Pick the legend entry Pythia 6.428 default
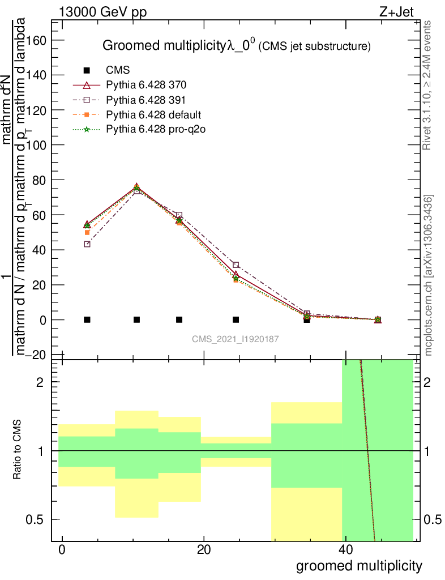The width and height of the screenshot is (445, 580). click(x=150, y=115)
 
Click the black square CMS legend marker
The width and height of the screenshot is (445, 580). click(x=87, y=71)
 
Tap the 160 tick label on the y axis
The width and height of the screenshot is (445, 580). click(x=38, y=40)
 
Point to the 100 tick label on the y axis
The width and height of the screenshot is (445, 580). click(x=38, y=145)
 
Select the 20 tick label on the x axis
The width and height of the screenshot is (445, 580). click(x=204, y=550)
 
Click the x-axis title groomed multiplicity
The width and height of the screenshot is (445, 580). click(x=359, y=566)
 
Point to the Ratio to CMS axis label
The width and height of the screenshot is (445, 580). click(x=18, y=450)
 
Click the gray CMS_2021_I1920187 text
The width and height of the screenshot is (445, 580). click(x=236, y=339)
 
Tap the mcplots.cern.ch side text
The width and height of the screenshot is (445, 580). click(x=429, y=275)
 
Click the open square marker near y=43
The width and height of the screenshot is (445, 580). click(x=87, y=244)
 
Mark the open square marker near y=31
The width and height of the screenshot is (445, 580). click(x=236, y=265)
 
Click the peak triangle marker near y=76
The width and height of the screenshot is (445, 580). click(x=136, y=186)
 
